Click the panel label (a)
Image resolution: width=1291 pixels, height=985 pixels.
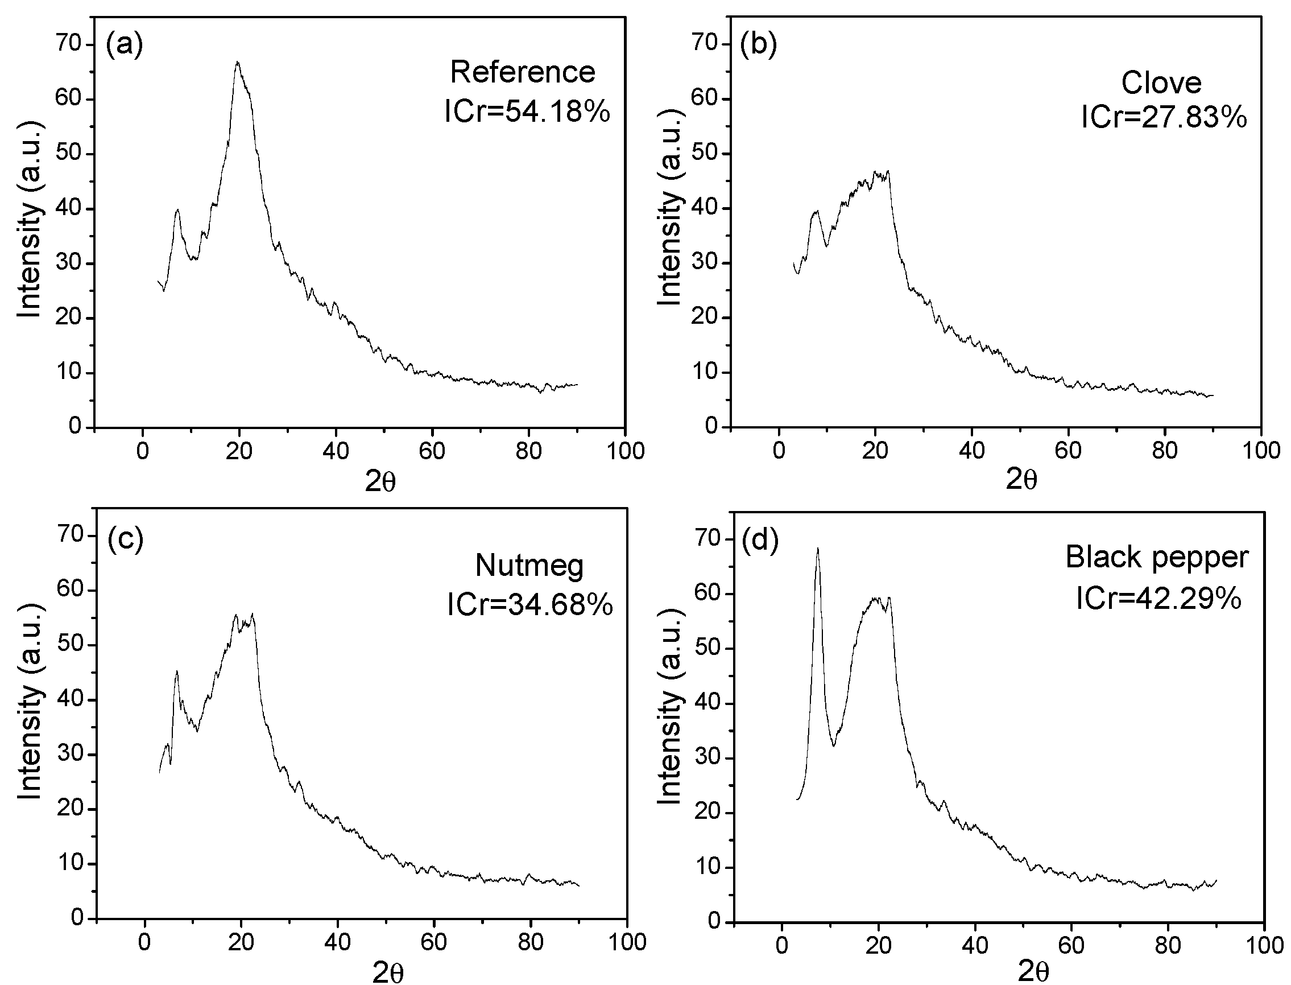click(x=124, y=45)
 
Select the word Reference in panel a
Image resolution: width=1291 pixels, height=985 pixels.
click(x=522, y=73)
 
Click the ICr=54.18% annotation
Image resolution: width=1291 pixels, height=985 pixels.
click(x=527, y=112)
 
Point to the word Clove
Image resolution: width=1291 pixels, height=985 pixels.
click(x=1161, y=83)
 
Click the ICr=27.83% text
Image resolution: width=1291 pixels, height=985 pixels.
click(x=1164, y=118)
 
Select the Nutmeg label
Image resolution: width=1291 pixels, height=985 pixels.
click(x=529, y=566)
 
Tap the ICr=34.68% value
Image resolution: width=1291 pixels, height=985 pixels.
click(x=529, y=604)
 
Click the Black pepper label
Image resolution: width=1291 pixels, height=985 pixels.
click(x=1157, y=557)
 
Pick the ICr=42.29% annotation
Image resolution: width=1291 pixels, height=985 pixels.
click(x=1158, y=599)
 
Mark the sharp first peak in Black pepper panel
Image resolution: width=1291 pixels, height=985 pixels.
click(x=817, y=550)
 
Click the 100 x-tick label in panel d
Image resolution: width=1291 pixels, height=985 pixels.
click(x=1264, y=946)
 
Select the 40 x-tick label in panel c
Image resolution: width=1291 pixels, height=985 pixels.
click(x=337, y=942)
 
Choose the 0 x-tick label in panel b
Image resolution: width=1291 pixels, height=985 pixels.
click(x=779, y=451)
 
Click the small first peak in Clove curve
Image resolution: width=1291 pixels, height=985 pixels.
click(x=815, y=212)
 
